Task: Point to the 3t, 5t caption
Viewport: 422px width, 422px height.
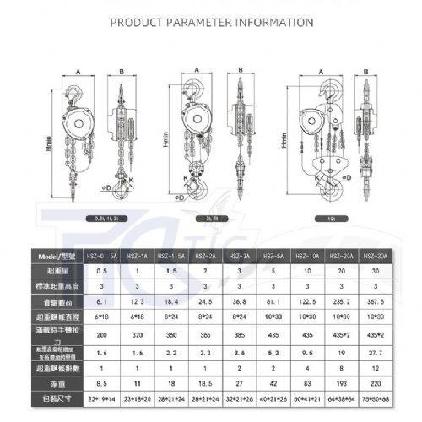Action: [x=215, y=218]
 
